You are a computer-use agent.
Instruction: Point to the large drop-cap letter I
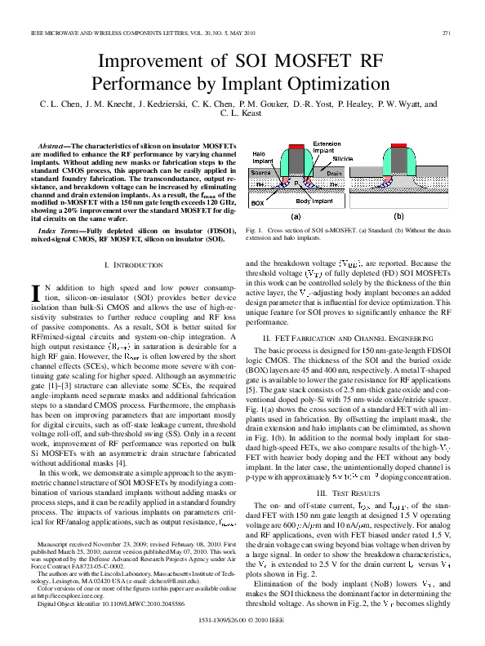click(35, 293)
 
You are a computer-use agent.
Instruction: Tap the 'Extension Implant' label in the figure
click(327, 147)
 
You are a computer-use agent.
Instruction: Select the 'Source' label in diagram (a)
click(261, 173)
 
